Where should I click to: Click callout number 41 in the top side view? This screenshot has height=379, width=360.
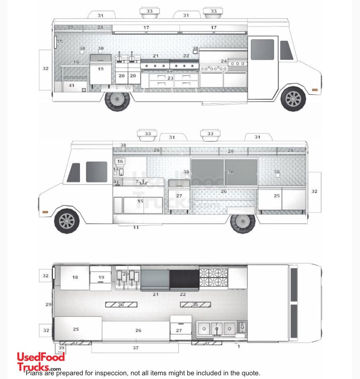[x=71, y=85]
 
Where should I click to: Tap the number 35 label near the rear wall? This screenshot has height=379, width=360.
[x=60, y=42]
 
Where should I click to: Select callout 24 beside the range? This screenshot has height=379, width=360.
[x=224, y=61]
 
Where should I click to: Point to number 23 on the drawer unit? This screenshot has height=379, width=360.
[x=170, y=78]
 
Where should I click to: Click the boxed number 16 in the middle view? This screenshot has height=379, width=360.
[x=120, y=161]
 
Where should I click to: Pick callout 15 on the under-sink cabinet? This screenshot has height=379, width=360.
[x=140, y=201]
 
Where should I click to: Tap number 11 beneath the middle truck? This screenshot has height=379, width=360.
[x=136, y=228]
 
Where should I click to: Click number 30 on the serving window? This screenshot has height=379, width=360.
[x=230, y=172]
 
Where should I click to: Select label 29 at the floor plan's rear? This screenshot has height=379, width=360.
[x=48, y=304]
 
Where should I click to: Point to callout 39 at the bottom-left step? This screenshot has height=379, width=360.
[x=61, y=348]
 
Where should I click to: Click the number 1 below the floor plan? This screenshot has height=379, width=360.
[x=238, y=346]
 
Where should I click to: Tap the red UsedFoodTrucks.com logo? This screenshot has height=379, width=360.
[x=41, y=361]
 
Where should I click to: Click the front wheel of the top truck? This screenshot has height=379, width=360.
[x=293, y=99]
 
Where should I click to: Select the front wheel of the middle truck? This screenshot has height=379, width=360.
[x=67, y=221]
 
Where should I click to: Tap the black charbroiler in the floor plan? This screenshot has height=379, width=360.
[x=184, y=279]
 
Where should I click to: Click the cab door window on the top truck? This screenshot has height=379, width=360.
[x=262, y=49]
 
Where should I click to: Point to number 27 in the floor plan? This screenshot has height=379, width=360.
[x=179, y=330]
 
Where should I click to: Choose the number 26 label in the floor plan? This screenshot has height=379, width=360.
[x=138, y=330]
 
